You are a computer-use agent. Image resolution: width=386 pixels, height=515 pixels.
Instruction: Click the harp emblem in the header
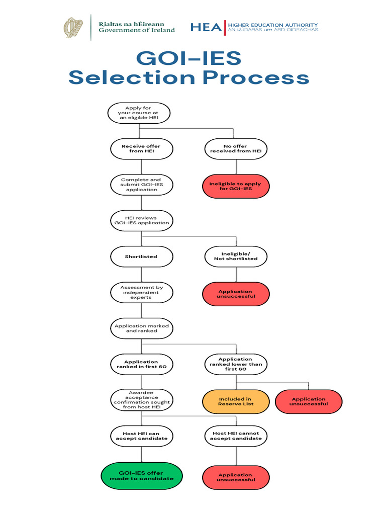click(x=74, y=28)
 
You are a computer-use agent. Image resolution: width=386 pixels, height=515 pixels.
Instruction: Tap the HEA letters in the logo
click(x=206, y=27)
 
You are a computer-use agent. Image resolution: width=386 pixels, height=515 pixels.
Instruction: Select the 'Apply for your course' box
click(x=139, y=113)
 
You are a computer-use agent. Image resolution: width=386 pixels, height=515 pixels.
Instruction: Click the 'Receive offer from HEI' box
click(x=141, y=148)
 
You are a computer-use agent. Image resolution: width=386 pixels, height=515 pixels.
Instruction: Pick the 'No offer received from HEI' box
click(x=236, y=148)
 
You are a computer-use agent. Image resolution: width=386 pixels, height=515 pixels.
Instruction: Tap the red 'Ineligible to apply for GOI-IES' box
click(x=236, y=187)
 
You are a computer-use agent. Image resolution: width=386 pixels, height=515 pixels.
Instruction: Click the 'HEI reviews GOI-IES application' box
click(x=141, y=220)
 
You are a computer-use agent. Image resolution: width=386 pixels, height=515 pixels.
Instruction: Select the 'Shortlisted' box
click(x=141, y=256)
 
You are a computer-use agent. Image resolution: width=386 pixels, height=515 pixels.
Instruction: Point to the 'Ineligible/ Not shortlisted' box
click(x=236, y=256)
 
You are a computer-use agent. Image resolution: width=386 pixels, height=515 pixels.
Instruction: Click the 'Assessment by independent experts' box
click(x=141, y=292)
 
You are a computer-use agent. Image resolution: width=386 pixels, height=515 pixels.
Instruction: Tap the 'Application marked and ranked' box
click(x=141, y=328)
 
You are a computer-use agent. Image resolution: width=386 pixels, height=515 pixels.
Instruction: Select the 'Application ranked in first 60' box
click(x=141, y=364)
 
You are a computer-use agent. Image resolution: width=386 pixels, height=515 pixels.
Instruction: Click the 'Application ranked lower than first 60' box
click(x=236, y=364)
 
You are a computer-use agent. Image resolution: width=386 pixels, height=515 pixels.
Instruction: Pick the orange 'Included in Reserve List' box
click(x=235, y=401)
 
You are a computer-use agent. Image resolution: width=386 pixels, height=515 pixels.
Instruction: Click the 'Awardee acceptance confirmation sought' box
click(x=141, y=400)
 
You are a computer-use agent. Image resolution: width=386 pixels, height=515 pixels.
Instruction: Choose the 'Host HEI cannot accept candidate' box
click(x=236, y=436)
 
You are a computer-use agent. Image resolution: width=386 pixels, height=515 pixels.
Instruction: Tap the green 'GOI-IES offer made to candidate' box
click(x=141, y=476)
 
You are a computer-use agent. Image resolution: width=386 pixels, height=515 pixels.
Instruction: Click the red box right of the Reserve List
click(x=309, y=401)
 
